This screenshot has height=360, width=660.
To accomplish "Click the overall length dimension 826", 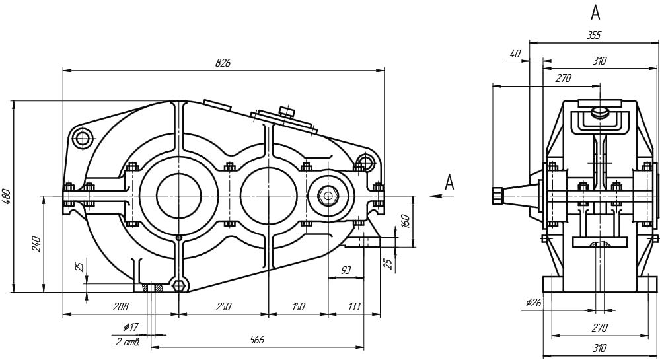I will pos(223,63).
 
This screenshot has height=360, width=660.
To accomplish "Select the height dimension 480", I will pos(7,196).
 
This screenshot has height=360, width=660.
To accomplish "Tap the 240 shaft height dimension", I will pos(36,243).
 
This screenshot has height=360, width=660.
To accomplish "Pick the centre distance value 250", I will pos(223,307).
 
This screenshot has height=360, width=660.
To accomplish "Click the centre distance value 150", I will pos(298,307).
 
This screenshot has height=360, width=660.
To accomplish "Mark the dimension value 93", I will pos(345,270).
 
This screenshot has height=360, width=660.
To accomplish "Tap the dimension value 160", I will pos(406,221).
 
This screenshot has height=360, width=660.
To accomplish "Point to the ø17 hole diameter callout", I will pos(130,328).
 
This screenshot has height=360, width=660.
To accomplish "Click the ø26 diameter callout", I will pos(533,303).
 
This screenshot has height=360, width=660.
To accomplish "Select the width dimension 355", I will pos(593,36).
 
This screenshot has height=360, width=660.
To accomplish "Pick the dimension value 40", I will pos(515,55).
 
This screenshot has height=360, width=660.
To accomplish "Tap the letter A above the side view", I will pos(595,12).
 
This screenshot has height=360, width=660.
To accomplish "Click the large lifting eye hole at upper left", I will pos(83,139).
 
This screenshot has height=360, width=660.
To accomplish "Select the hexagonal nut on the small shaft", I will pos(328,196).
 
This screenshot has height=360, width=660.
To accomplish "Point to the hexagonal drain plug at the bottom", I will pos(178,285).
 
